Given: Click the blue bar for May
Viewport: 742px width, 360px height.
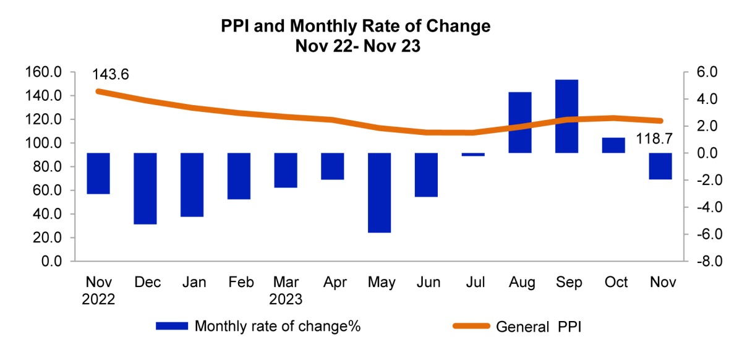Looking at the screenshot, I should [x=379, y=192].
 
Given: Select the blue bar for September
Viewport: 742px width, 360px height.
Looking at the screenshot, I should [x=566, y=116].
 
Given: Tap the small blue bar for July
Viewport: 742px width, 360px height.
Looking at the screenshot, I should [x=473, y=155].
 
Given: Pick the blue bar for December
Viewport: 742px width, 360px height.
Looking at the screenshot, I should [x=145, y=188].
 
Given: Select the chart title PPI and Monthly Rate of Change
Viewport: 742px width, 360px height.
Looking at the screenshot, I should [x=356, y=27].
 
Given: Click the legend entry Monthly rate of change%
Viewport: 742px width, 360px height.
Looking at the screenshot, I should [x=277, y=326].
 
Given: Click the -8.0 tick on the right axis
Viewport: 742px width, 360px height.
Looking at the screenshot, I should [x=701, y=262].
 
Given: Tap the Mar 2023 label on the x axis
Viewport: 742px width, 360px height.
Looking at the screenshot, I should [x=285, y=291].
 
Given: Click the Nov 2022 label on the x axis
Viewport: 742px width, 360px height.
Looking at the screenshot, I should [x=98, y=291].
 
